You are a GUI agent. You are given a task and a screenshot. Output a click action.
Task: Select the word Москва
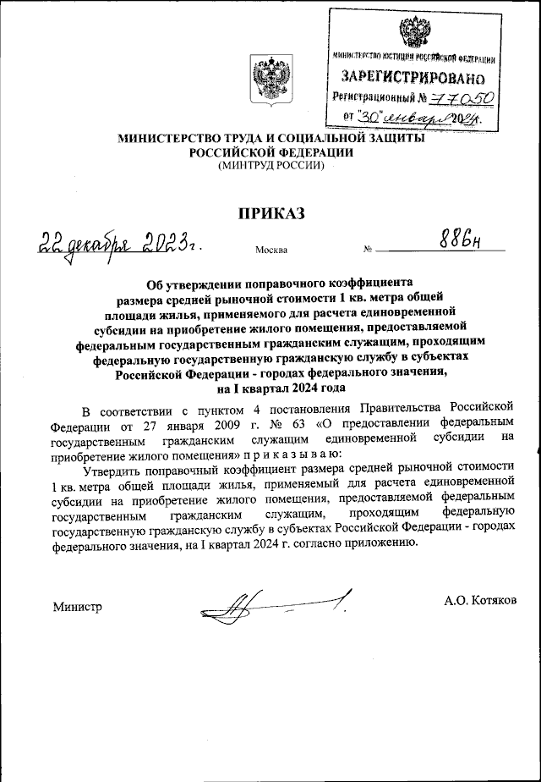tap(270, 251)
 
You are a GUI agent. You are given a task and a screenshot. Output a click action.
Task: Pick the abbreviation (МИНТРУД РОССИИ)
tap(270, 166)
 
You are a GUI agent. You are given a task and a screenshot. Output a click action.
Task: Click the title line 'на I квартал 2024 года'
tap(270, 389)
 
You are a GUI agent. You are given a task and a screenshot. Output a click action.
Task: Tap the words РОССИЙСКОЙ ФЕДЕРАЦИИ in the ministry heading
tap(270, 152)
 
